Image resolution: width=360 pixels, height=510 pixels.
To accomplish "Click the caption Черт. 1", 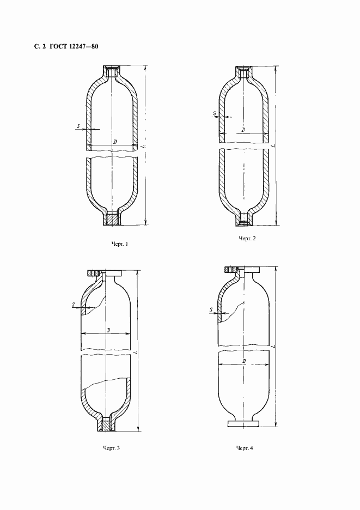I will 119,244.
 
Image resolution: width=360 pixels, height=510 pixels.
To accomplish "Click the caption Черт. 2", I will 247,239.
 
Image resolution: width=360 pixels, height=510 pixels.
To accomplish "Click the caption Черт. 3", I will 111,448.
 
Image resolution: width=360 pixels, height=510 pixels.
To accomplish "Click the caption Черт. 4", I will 245,448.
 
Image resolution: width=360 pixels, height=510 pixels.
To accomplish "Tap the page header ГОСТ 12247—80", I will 74,46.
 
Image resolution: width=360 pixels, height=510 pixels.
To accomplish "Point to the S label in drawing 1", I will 78,126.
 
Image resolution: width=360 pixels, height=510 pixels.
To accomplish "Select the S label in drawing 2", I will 214,114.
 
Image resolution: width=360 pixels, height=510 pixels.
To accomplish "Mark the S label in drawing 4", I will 210,310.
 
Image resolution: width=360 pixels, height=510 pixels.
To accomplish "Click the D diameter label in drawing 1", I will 115,142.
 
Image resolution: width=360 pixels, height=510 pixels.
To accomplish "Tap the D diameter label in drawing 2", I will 243,130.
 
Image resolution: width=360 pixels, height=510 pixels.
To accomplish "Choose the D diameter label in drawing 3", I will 109,330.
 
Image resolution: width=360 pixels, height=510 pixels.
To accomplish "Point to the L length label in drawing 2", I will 273,146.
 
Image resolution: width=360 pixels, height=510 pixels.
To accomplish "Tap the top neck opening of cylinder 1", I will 113,71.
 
